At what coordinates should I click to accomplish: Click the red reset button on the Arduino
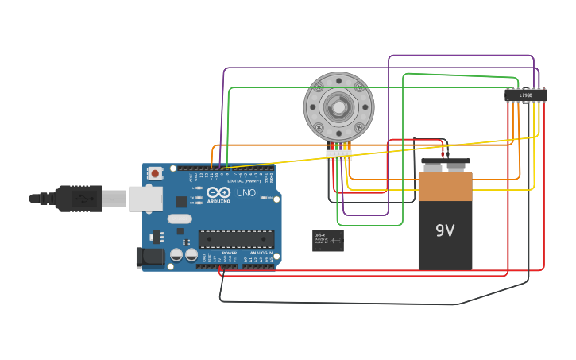coord(155,172)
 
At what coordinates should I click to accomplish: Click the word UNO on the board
coord(246,192)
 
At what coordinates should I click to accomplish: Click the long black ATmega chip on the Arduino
coord(236,238)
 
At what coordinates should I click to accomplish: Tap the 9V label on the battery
coord(445,230)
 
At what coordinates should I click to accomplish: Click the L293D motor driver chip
coord(526,95)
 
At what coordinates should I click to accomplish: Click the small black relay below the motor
coord(328,241)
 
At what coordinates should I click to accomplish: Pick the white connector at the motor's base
coord(339,155)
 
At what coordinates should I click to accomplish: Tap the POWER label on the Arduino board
coord(229,253)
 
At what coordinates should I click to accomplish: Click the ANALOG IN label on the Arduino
coord(261,253)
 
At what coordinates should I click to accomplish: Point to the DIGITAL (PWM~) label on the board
coord(242,181)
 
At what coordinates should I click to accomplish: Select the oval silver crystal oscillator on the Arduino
coord(180,219)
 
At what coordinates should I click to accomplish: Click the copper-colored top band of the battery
coord(445,186)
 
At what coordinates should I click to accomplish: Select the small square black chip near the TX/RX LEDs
coord(181,202)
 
